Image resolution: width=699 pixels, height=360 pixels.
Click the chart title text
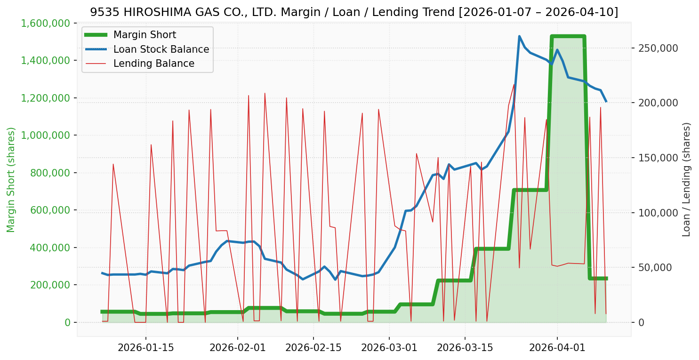(x=354, y=12)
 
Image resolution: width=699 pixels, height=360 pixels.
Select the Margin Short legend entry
(x=145, y=35)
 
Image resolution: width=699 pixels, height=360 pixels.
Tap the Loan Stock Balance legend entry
(x=161, y=49)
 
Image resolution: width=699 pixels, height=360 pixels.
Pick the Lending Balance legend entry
(x=153, y=64)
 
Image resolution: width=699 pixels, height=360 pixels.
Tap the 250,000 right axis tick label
(x=658, y=48)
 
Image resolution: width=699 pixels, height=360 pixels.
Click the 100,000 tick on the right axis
(x=658, y=213)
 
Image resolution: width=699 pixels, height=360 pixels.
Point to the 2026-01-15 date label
(x=145, y=348)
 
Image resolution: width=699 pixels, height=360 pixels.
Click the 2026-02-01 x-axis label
(x=237, y=348)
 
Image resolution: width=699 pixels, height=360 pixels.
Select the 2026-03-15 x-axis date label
(x=465, y=348)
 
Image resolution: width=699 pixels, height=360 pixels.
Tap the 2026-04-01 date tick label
(x=557, y=348)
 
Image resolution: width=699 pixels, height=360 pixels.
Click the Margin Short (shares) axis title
(x=11, y=180)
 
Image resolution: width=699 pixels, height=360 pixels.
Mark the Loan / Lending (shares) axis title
(x=686, y=179)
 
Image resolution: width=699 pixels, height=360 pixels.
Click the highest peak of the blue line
(x=519, y=36)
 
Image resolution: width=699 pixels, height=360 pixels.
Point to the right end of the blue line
(x=606, y=101)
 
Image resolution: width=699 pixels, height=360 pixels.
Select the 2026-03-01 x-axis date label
(x=389, y=348)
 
